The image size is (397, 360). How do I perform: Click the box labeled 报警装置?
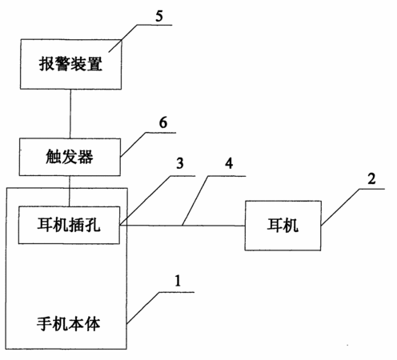[x=71, y=64]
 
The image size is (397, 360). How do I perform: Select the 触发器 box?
[x=70, y=157]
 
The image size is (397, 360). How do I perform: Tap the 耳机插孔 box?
[x=69, y=225]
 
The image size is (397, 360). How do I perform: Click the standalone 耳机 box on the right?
[x=283, y=226]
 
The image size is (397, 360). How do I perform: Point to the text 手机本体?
[x=69, y=324]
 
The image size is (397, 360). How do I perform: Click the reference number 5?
[x=159, y=16]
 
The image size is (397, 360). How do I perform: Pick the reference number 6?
[x=163, y=122]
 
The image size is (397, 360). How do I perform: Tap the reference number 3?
[x=180, y=163]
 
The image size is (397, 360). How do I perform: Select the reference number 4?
[x=229, y=163]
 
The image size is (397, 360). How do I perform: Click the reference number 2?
[x=371, y=178]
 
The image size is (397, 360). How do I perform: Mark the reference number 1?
[x=178, y=281]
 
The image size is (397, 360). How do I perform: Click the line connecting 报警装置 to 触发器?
[x=70, y=114]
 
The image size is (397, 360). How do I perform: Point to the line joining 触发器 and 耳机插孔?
[x=70, y=191]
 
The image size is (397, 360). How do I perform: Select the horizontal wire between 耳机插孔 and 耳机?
[x=182, y=226]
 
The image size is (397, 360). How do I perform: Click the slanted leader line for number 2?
[x=340, y=207]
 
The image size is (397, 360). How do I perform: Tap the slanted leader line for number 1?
[x=143, y=308]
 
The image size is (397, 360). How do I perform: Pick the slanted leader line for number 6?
[x=133, y=144]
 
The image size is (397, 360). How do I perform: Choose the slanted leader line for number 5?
[x=123, y=38]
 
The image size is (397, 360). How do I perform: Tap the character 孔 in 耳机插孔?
[x=93, y=225]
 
